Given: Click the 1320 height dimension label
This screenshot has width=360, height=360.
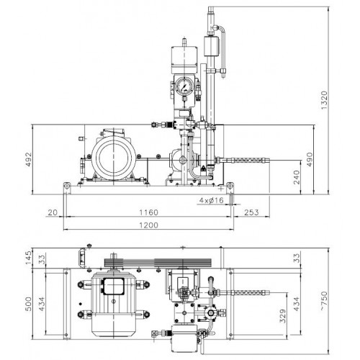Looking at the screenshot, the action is [x=324, y=100].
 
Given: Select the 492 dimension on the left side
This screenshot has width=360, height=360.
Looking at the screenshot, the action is [x=28, y=159].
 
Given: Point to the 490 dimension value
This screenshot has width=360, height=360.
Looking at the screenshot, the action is [x=310, y=159].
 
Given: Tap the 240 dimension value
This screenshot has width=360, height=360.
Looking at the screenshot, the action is [x=297, y=177].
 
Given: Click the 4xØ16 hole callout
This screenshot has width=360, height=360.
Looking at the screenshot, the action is [x=212, y=200].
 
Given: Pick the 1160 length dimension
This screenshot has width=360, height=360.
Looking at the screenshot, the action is [x=149, y=212].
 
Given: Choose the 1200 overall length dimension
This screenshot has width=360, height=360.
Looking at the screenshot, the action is [x=149, y=225].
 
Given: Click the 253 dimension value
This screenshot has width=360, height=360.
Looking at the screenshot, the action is [x=251, y=212].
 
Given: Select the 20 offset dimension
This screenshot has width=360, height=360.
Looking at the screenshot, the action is [x=53, y=212].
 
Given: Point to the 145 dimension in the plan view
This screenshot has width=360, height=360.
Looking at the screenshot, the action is [x=28, y=258].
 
